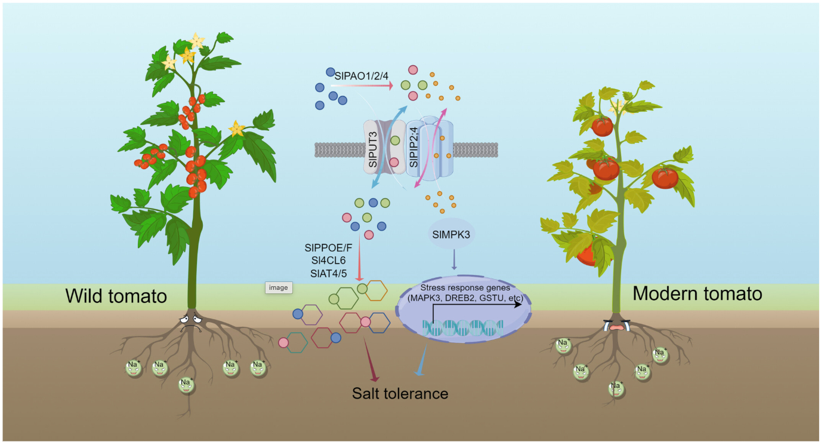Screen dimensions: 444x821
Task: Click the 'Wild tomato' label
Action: pyautogui.click(x=116, y=296)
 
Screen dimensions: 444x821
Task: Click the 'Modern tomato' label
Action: pyautogui.click(x=697, y=293)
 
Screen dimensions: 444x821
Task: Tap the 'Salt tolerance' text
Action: pyautogui.click(x=400, y=394)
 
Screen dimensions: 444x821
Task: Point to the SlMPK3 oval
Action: pyautogui.click(x=451, y=234)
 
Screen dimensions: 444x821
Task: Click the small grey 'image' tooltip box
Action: pyautogui.click(x=278, y=287)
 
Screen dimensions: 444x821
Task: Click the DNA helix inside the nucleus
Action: pyautogui.click(x=463, y=327)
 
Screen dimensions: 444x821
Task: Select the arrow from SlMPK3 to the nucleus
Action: pyautogui.click(x=455, y=260)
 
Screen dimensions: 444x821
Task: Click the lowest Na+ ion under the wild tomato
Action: pyautogui.click(x=186, y=384)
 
